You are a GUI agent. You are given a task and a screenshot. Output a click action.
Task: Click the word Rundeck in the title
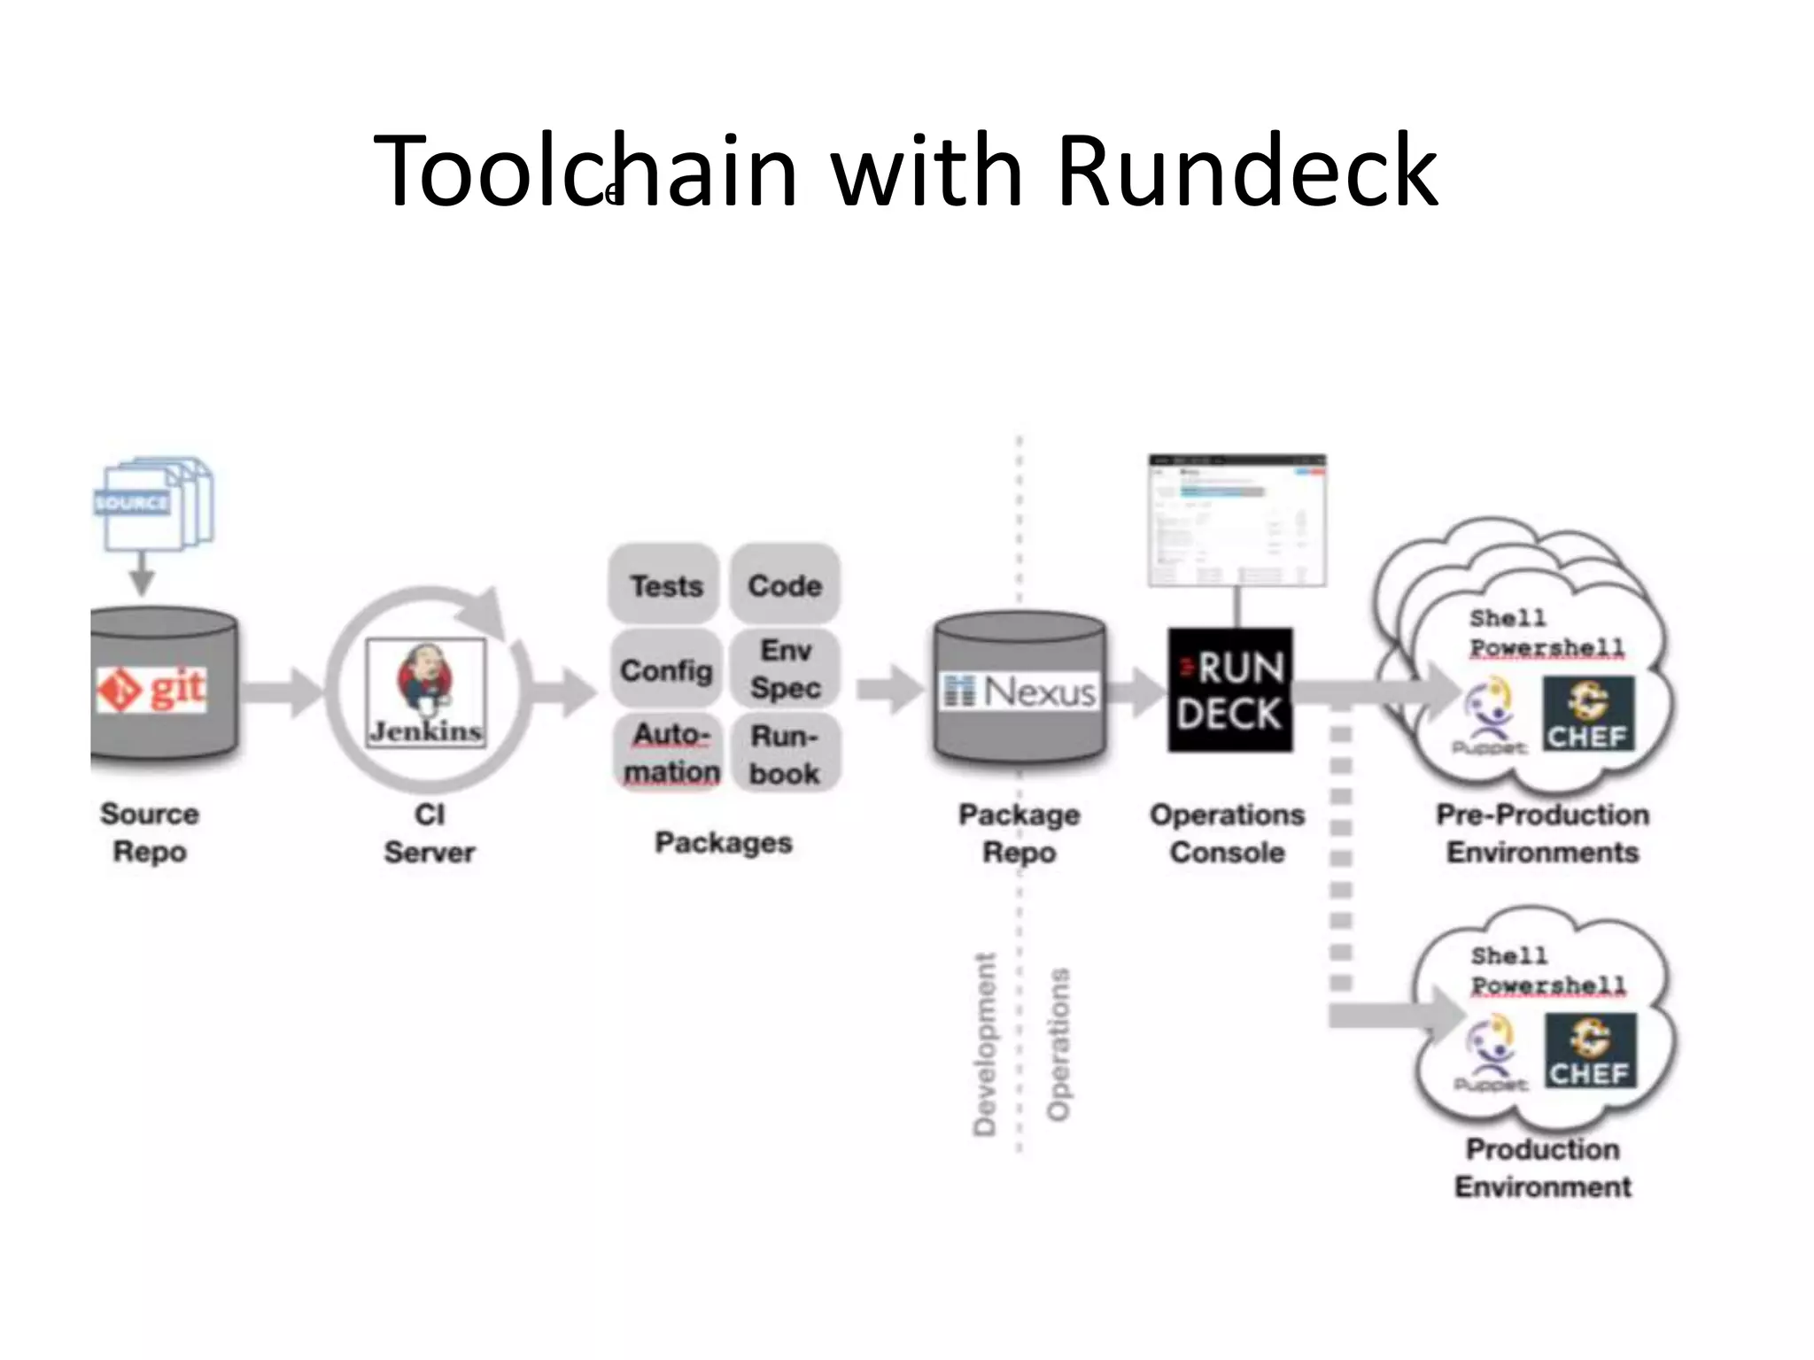click(x=1247, y=170)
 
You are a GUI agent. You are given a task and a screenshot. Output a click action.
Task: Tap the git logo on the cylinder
click(x=152, y=689)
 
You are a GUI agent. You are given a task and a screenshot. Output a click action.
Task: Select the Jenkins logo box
click(x=426, y=692)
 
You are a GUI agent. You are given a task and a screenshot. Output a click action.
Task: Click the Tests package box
click(x=665, y=585)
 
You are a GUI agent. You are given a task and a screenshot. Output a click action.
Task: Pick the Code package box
click(x=785, y=585)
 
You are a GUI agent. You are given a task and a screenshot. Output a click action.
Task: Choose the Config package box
click(x=666, y=670)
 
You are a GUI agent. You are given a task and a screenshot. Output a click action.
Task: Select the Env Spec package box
click(x=786, y=668)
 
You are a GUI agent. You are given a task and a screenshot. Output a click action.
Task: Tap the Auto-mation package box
click(x=670, y=753)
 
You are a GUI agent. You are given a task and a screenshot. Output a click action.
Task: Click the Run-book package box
click(x=785, y=753)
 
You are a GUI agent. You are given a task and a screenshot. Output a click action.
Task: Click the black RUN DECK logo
click(x=1229, y=691)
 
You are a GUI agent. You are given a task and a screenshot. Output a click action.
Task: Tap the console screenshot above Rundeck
click(x=1236, y=521)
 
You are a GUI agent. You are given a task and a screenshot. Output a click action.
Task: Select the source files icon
click(x=153, y=503)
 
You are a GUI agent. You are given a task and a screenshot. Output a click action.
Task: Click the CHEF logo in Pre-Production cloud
click(x=1588, y=714)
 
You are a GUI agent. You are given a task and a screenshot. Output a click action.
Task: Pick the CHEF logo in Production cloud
click(x=1591, y=1051)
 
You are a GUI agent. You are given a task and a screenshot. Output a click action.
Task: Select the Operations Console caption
click(x=1227, y=833)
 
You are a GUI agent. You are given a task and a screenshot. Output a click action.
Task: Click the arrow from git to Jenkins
click(x=282, y=692)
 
